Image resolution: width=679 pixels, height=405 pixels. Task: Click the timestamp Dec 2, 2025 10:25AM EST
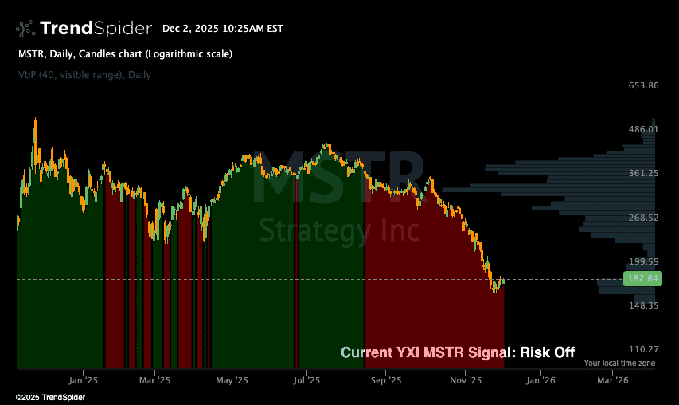coord(222,29)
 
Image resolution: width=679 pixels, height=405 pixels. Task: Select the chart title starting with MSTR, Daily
coord(125,54)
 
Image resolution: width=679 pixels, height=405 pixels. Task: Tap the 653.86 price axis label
coord(642,85)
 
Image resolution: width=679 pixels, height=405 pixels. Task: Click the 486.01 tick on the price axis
coord(642,129)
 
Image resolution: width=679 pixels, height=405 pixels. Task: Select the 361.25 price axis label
coord(642,173)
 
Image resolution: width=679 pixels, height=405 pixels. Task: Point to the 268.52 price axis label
coord(642,218)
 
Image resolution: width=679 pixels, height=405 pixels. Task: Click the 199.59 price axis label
coord(642,261)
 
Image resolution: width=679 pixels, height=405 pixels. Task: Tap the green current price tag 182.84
coord(642,279)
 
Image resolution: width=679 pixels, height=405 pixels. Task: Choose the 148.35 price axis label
coord(642,305)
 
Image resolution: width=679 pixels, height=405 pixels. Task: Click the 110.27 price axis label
coord(642,349)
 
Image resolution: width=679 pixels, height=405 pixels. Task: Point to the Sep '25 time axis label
coord(385,381)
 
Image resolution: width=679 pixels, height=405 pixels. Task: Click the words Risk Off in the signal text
coord(547,352)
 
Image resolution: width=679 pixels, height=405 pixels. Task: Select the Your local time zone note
coord(619,363)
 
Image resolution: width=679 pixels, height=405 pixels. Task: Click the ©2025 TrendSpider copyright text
coord(51,397)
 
